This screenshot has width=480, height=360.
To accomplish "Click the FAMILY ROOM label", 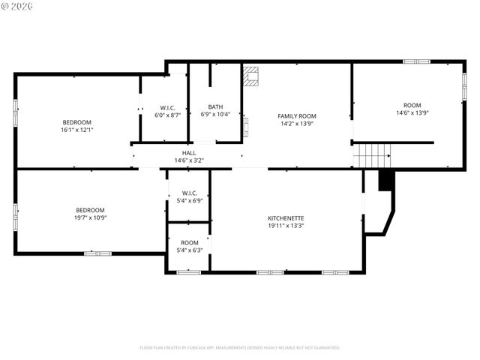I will point(297,116).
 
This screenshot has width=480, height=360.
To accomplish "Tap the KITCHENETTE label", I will point(286,218).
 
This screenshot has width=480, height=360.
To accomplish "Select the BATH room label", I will point(215,107).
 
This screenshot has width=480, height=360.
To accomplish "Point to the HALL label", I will point(189,152).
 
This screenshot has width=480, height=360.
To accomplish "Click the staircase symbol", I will point(372,155).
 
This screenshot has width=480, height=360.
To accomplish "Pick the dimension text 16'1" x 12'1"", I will point(76,130).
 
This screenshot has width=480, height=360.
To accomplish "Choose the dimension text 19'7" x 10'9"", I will point(90,218).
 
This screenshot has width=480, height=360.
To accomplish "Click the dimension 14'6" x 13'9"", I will point(412,113).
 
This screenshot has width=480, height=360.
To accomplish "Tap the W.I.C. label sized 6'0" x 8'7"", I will point(167,107).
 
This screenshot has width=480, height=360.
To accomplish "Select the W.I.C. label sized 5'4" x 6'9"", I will point(189,193).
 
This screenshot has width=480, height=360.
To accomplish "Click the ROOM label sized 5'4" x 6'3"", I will point(189,242).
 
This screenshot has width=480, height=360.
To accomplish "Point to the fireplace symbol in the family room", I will point(250,76).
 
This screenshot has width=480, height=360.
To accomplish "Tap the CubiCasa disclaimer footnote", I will point(240,348).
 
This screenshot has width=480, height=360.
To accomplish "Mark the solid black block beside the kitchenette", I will point(386,181).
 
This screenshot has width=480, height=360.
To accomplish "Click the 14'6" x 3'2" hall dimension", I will point(189,160).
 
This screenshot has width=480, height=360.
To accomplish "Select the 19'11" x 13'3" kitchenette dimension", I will point(286,226).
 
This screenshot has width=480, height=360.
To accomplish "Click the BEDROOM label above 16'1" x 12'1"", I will point(76,122).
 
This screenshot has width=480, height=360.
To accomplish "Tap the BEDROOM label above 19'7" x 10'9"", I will point(90,210).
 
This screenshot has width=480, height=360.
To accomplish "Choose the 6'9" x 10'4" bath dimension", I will point(215,115).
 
